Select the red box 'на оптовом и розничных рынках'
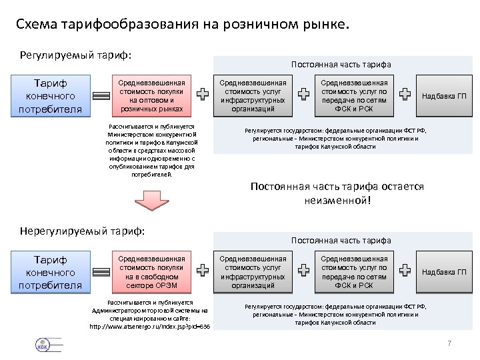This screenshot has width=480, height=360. click(x=151, y=95)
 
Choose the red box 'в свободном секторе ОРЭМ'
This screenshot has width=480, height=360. click(x=151, y=273)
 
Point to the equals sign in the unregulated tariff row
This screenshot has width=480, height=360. click(x=101, y=272)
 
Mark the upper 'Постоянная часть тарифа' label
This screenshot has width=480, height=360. click(x=341, y=64)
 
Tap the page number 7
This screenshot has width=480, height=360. click(x=449, y=343)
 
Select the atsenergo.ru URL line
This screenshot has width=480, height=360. click(x=149, y=327)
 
